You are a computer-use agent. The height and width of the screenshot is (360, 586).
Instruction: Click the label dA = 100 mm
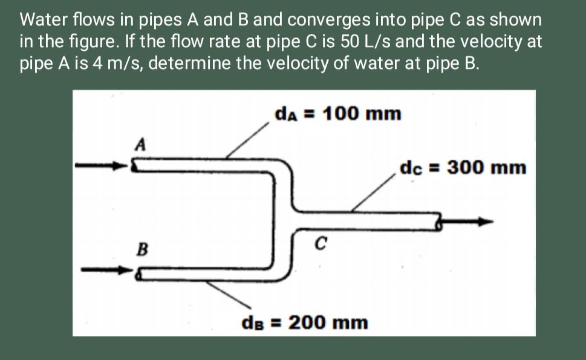(337, 113)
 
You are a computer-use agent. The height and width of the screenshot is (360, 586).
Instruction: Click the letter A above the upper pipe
(140, 145)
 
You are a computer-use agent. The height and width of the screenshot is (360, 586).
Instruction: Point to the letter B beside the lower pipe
(143, 248)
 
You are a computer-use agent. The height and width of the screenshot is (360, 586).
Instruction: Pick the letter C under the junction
(321, 243)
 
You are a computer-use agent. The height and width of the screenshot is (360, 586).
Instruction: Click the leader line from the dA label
(248, 139)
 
